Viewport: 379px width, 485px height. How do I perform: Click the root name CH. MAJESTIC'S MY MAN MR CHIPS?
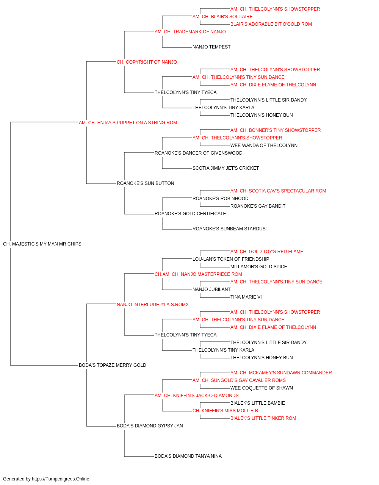(x=42, y=244)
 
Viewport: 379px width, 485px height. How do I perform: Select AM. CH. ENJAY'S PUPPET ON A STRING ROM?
(x=128, y=123)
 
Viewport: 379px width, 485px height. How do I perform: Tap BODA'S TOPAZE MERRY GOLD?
(x=113, y=365)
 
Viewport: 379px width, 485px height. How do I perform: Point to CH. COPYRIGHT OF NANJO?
(x=147, y=62)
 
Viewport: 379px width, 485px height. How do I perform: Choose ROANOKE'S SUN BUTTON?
(x=145, y=183)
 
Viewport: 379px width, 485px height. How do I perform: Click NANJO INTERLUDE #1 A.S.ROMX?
(x=153, y=305)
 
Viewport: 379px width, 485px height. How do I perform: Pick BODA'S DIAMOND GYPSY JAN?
(x=150, y=426)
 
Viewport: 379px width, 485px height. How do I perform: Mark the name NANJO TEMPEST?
(x=211, y=47)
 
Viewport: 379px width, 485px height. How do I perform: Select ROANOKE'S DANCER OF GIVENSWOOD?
(x=199, y=153)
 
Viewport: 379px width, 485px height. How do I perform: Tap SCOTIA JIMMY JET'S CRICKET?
(x=226, y=168)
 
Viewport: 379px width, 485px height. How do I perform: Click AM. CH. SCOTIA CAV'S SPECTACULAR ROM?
(x=278, y=191)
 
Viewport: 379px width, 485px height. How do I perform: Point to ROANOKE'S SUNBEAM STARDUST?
(x=230, y=229)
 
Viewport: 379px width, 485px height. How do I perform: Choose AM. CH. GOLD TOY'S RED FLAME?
(x=267, y=252)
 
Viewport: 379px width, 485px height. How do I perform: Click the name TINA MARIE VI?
(x=246, y=297)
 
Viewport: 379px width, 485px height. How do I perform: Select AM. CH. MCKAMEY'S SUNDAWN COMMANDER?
(x=281, y=373)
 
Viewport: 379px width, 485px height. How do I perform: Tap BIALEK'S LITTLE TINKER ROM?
(x=263, y=418)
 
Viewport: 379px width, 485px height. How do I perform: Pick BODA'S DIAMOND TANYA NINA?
(x=188, y=456)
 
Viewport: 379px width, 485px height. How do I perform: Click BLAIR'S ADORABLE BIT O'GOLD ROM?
(x=271, y=24)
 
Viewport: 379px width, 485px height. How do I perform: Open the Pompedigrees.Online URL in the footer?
(x=61, y=479)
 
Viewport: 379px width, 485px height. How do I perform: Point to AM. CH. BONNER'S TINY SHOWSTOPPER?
(x=276, y=130)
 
